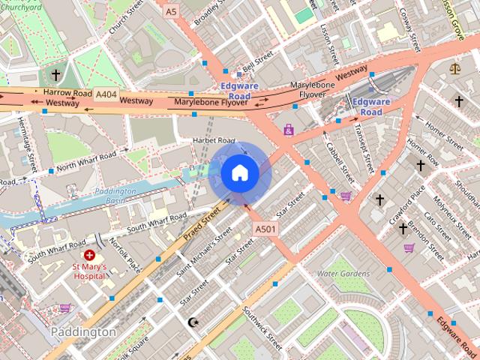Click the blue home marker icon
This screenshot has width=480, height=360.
240,173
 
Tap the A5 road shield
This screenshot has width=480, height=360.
172,12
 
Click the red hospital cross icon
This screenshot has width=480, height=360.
89,256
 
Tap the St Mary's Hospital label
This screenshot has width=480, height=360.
89,271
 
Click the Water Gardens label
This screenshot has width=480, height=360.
340,274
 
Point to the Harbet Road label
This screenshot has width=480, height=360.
214,140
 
